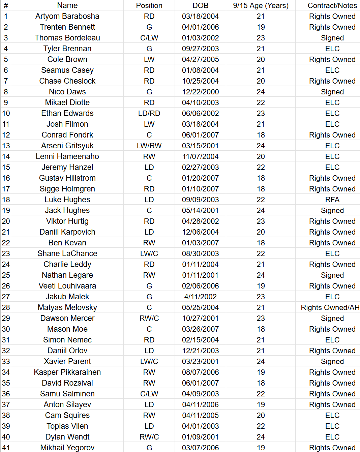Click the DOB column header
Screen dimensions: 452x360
click(x=200, y=5)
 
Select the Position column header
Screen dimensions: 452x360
click(x=149, y=5)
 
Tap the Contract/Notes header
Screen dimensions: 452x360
click(x=332, y=5)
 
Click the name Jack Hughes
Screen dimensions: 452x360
click(x=67, y=210)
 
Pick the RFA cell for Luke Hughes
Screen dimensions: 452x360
click(x=332, y=200)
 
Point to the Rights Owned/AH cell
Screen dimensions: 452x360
click(x=330, y=307)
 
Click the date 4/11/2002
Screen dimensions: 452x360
click(x=200, y=297)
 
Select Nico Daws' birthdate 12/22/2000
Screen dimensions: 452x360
click(x=200, y=92)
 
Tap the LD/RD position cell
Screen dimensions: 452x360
click(x=149, y=113)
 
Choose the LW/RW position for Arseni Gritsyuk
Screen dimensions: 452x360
click(x=149, y=146)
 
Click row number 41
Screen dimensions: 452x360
click(x=6, y=448)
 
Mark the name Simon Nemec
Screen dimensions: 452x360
click(x=67, y=340)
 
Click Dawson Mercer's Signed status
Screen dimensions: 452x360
click(x=332, y=318)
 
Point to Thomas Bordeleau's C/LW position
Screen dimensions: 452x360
click(x=149, y=38)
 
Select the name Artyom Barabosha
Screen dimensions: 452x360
click(x=67, y=16)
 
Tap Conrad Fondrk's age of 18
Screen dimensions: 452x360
click(x=261, y=135)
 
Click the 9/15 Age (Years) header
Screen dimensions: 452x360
click(x=261, y=5)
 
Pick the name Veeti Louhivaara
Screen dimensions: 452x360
click(x=67, y=286)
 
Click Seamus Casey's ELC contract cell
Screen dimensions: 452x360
click(x=332, y=70)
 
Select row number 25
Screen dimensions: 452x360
click(x=6, y=275)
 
